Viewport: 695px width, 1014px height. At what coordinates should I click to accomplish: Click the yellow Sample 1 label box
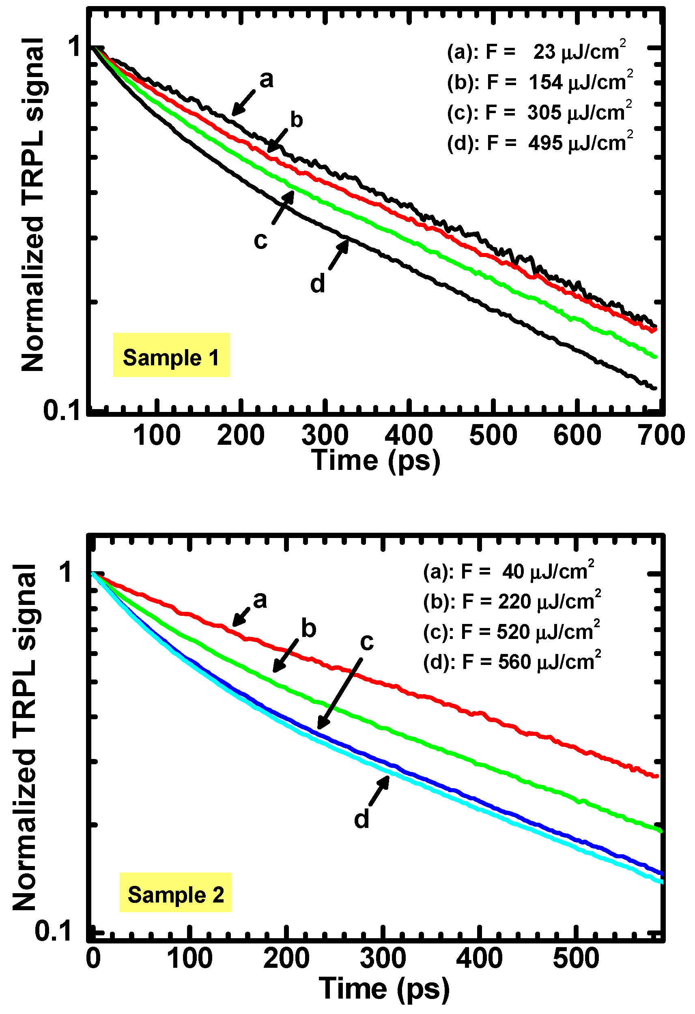(171, 355)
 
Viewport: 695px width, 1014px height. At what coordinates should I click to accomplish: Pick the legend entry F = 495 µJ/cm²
(540, 143)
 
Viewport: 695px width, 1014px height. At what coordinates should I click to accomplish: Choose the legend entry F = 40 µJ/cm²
(508, 571)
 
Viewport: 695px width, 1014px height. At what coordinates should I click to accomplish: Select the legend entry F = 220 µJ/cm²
(512, 601)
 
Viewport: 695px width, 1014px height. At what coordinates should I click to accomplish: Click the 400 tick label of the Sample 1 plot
(409, 435)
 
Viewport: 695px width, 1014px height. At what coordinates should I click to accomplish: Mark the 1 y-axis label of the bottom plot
(65, 572)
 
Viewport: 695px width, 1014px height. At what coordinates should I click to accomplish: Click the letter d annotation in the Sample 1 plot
(317, 284)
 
